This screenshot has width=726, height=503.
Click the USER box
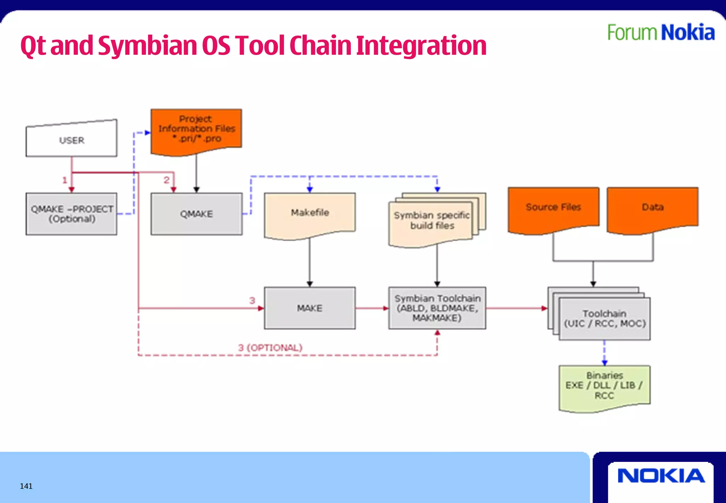click(71, 140)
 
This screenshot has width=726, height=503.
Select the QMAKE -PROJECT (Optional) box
click(71, 214)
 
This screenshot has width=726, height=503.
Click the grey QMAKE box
click(196, 214)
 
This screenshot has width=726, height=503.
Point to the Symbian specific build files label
click(431, 220)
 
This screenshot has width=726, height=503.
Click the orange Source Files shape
click(553, 208)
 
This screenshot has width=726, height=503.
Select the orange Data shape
click(652, 208)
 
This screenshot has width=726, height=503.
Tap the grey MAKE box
click(309, 308)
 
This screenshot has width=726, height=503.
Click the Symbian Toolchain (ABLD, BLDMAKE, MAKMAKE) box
click(437, 308)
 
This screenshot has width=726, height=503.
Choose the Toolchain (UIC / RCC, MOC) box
click(604, 319)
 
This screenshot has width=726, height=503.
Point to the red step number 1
click(65, 180)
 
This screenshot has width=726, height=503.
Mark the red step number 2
click(166, 180)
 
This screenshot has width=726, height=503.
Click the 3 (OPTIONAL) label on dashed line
click(270, 348)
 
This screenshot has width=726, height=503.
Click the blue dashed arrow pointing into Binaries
click(604, 353)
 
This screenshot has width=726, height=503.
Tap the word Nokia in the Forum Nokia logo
click(688, 33)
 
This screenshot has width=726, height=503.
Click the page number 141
click(26, 486)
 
